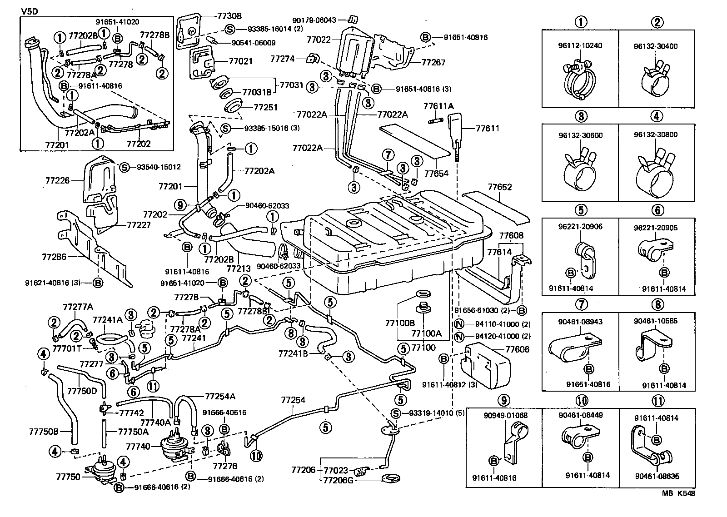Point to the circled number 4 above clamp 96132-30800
pyautogui.click(x=656, y=116)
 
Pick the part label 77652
pyautogui.click(x=500, y=187)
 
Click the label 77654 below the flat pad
pyautogui.click(x=436, y=173)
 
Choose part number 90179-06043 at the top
pyautogui.click(x=314, y=20)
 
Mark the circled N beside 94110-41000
pyautogui.click(x=459, y=324)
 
